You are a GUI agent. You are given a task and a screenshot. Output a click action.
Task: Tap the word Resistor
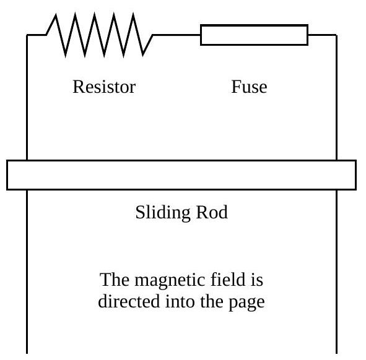click(x=104, y=87)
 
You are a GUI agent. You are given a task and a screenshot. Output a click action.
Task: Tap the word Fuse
click(x=249, y=87)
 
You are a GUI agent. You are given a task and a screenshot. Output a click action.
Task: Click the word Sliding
click(x=163, y=213)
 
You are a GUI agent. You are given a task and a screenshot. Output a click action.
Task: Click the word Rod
click(x=212, y=212)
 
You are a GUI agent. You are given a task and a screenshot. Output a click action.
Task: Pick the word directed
click(x=129, y=301)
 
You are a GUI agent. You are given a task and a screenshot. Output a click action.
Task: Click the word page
click(x=246, y=302)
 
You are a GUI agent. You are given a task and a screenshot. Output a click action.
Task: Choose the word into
click(x=180, y=301)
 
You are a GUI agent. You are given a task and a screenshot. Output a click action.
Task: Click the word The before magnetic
click(x=115, y=280)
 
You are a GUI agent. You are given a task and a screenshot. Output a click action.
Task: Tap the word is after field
click(x=257, y=280)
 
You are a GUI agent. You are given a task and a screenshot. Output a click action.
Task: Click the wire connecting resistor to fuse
click(x=176, y=35)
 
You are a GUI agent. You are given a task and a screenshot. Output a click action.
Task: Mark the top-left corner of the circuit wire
click(x=27, y=35)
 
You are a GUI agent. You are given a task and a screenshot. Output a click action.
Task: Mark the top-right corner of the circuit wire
click(x=337, y=35)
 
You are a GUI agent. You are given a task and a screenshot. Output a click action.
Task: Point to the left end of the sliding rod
click(x=7, y=175)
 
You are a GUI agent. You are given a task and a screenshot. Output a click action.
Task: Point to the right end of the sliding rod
click(x=356, y=175)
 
